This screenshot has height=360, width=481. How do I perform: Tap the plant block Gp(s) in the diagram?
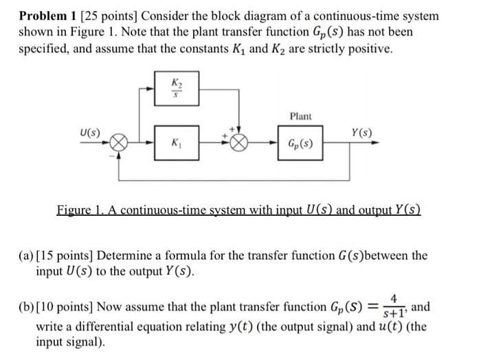pos(300,146)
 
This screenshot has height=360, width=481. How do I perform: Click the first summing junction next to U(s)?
pos(120,146)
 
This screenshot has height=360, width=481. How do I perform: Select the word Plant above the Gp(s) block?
pos(300,117)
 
